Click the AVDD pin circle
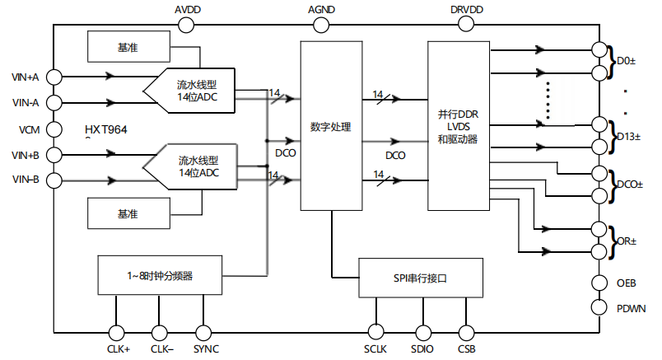(x=187, y=25)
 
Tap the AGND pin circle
(x=321, y=25)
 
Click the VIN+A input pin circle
(x=54, y=77)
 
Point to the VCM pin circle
(x=54, y=129)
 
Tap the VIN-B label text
(x=26, y=180)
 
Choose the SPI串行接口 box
(x=419, y=278)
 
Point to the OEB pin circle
(x=600, y=282)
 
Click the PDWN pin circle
(x=600, y=307)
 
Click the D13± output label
(x=629, y=135)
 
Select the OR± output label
(x=627, y=241)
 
